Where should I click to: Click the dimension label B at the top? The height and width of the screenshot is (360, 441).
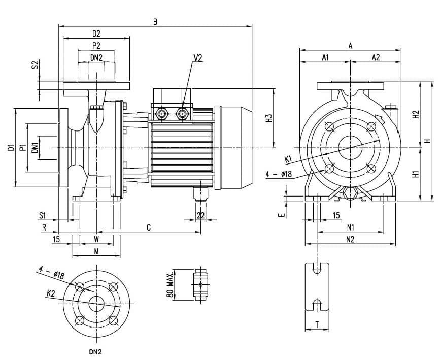click(x=155, y=22)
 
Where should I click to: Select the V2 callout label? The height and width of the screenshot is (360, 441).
click(x=198, y=58)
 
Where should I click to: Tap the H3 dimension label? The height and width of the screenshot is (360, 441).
click(x=269, y=118)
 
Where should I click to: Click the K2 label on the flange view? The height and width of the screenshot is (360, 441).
click(x=51, y=293)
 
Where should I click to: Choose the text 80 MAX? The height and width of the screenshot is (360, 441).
click(x=169, y=285)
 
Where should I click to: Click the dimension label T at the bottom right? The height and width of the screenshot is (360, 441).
click(x=317, y=325)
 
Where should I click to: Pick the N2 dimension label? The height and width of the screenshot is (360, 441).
click(x=350, y=239)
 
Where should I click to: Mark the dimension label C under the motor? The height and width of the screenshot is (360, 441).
click(x=149, y=227)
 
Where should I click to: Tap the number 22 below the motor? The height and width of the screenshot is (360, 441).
click(x=201, y=215)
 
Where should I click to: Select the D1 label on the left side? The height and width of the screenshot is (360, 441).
click(x=11, y=147)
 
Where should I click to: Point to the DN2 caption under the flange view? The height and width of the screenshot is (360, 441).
click(x=95, y=352)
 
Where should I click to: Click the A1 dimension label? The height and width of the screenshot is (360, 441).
click(x=325, y=57)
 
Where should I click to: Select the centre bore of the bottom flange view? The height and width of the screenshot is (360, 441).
click(x=97, y=304)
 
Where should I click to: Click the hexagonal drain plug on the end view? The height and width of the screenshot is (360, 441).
click(x=350, y=194)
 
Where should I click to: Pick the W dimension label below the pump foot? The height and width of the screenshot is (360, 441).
click(x=96, y=239)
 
